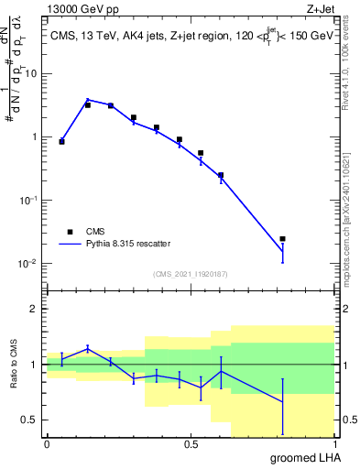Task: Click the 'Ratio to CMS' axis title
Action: [14, 365]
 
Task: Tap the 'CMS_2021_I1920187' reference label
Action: [190, 274]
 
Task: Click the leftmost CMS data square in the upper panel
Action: [61, 141]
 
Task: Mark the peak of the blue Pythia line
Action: [88, 100]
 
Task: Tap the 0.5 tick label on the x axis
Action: [191, 444]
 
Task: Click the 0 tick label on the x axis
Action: [47, 444]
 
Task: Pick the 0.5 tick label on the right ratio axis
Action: [348, 420]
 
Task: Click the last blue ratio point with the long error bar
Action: [282, 402]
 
